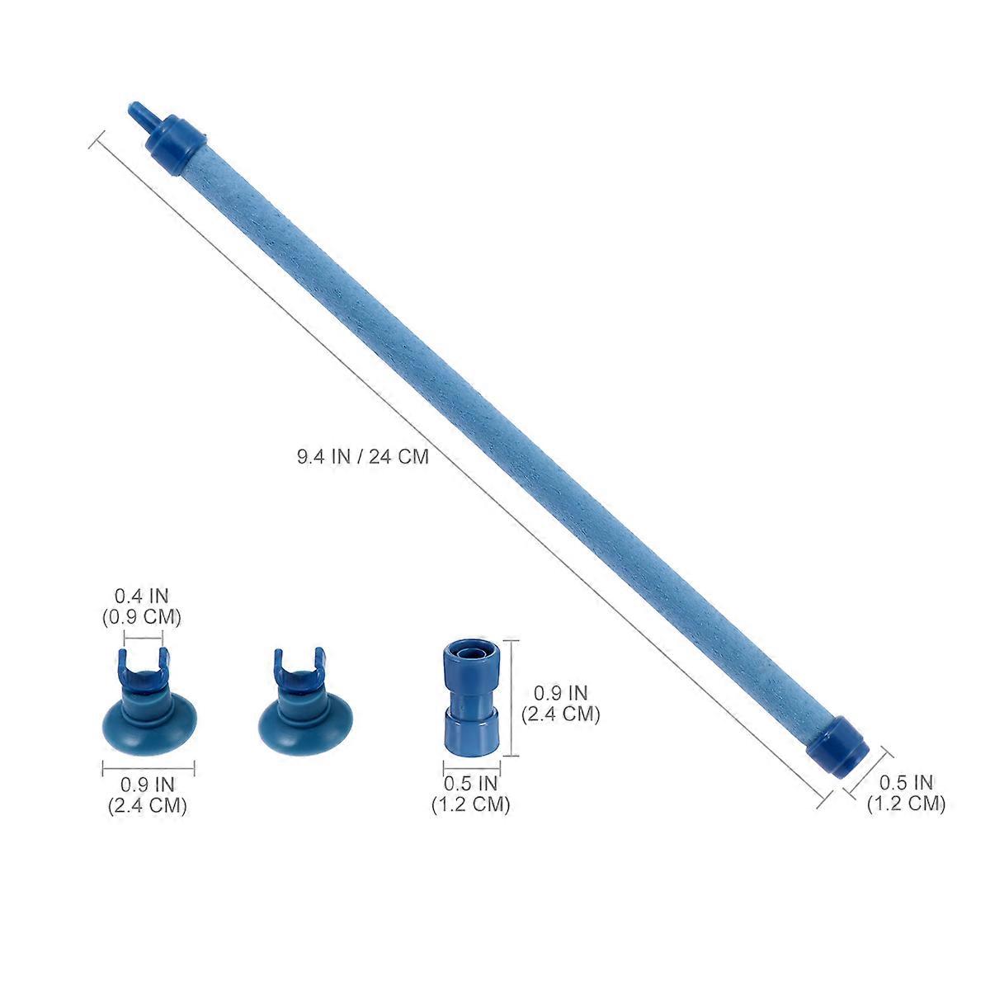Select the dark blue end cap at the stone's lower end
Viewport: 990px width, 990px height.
click(x=838, y=745)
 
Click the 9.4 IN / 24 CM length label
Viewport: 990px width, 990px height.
click(x=363, y=456)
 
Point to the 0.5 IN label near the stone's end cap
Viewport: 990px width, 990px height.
click(x=905, y=793)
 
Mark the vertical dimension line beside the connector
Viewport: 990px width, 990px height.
click(x=516, y=697)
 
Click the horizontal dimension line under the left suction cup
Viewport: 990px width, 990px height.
click(x=148, y=769)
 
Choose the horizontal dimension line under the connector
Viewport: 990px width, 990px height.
click(x=470, y=768)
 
